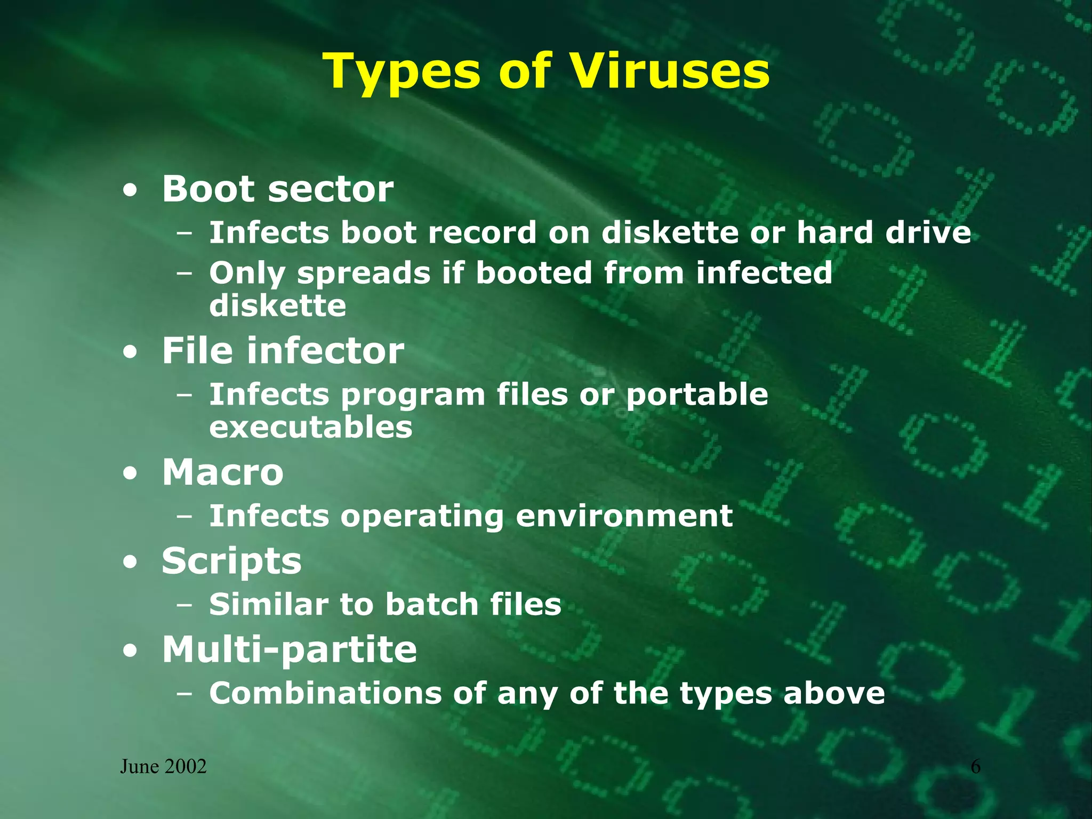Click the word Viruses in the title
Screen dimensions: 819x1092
pyautogui.click(x=669, y=71)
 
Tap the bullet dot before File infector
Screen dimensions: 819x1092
pyautogui.click(x=130, y=352)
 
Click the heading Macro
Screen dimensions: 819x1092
pyautogui.click(x=222, y=472)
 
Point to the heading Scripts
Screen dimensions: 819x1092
pyautogui.click(x=231, y=561)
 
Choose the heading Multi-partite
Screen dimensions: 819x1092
pyautogui.click(x=289, y=649)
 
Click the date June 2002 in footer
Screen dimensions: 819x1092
pyautogui.click(x=163, y=767)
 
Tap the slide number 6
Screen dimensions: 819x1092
pyautogui.click(x=975, y=767)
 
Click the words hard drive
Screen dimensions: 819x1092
pyautogui.click(x=884, y=232)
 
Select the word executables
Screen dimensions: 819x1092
pyautogui.click(x=310, y=427)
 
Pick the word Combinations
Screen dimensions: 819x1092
pyautogui.click(x=325, y=693)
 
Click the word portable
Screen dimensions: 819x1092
pyautogui.click(x=696, y=395)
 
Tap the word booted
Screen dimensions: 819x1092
pyautogui.click(x=533, y=272)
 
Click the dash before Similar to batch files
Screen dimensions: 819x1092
pyautogui.click(x=184, y=605)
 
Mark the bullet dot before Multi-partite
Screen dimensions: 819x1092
pyautogui.click(x=130, y=651)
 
